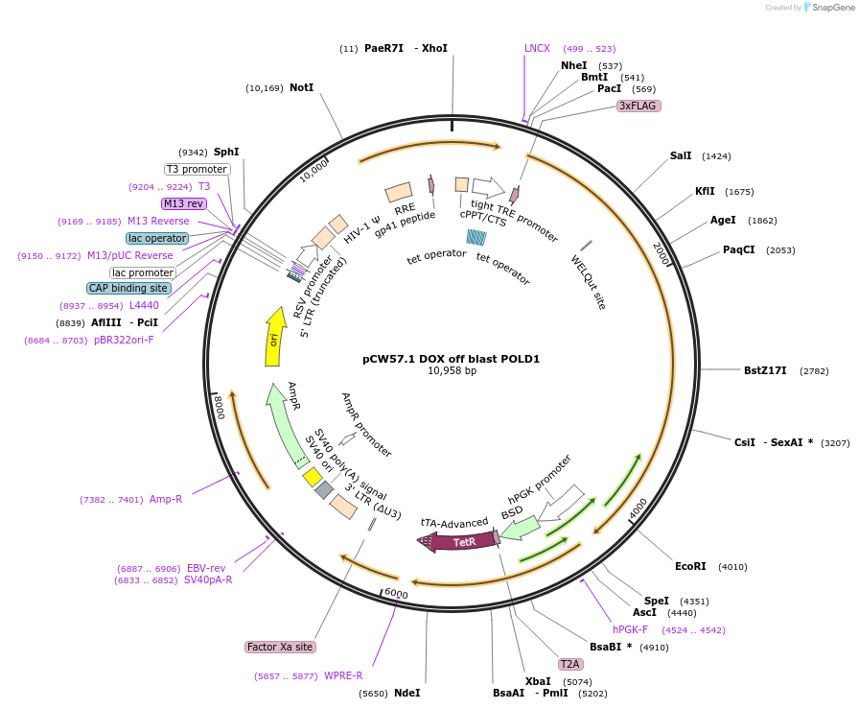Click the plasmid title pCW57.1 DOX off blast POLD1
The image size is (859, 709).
[x=451, y=359]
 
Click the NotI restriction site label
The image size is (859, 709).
[x=301, y=87]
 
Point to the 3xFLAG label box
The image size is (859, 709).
[x=638, y=106]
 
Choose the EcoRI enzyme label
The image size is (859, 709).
[x=690, y=566]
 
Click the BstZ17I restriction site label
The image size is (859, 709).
[x=765, y=370]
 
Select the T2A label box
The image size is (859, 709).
[x=570, y=664]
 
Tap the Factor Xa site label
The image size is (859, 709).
[x=280, y=647]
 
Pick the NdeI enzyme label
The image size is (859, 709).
[x=406, y=693]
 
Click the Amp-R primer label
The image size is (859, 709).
[x=166, y=499]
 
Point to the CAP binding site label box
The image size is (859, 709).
[x=128, y=288]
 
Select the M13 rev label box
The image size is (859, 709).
[x=183, y=203]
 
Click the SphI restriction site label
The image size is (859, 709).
[x=226, y=152]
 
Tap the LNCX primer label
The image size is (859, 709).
[x=537, y=48]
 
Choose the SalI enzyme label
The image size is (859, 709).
[x=681, y=155]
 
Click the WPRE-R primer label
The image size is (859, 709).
[x=343, y=675]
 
